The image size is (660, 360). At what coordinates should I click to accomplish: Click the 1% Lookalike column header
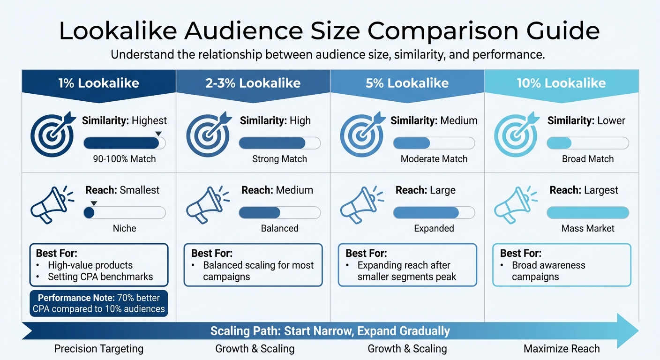(98, 83)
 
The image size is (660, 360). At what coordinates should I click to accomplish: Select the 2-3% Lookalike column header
(253, 83)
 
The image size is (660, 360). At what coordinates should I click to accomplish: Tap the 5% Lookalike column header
(407, 83)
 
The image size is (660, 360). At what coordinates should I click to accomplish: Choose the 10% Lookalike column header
(561, 83)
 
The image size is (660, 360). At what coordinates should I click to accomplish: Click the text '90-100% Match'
(124, 159)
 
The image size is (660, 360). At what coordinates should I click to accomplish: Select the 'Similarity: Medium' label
(434, 120)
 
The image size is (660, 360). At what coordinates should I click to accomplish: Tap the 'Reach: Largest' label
(584, 190)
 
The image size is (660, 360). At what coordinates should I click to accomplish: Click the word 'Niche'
(124, 228)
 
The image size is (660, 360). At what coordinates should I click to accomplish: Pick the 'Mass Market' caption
(588, 228)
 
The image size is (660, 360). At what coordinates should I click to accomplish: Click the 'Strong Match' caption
(279, 159)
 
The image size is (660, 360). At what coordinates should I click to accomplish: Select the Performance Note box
(98, 303)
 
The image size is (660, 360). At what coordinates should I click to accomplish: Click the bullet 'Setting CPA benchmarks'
(100, 277)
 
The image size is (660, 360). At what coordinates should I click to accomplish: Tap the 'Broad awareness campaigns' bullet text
(548, 271)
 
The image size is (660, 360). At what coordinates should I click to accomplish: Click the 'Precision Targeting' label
(98, 349)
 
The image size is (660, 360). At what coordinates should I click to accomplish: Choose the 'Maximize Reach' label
(561, 349)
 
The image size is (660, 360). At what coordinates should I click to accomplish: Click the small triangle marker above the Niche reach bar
(94, 203)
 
